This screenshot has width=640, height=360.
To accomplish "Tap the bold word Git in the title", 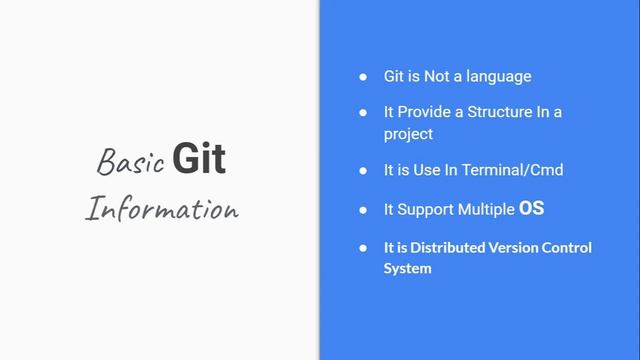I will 198,159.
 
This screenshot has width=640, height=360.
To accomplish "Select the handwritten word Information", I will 162,209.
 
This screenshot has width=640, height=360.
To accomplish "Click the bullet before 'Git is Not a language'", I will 364,76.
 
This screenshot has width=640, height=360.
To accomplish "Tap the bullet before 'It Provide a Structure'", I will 364,112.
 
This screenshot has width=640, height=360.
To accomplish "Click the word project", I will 408,134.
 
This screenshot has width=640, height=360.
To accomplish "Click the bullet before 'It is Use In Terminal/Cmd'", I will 364,170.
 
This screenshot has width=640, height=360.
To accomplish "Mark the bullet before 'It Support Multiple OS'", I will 364,210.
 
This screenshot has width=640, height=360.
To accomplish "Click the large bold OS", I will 531,209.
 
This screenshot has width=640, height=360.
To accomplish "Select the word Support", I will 424,210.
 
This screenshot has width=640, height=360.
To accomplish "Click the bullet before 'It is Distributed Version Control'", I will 364,247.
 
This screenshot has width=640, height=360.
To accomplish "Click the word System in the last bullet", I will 407,268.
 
